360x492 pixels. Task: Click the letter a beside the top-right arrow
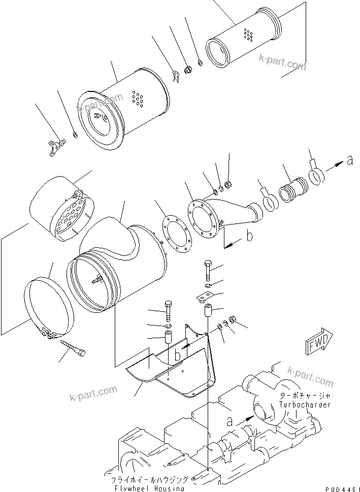tap(349, 161)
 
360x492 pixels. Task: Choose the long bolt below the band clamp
tap(73, 348)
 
